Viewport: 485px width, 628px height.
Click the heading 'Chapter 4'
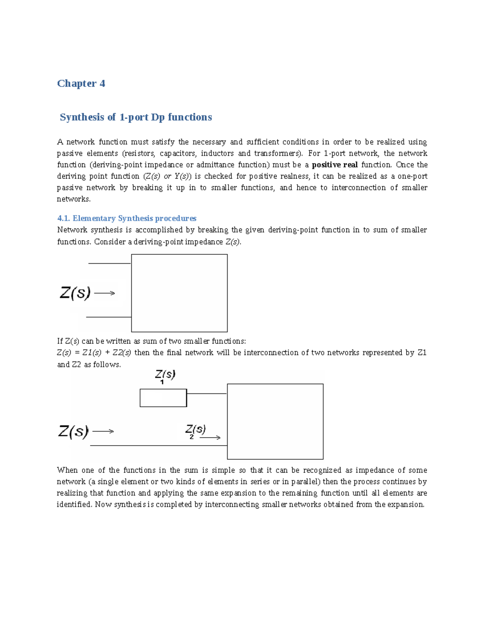click(x=81, y=83)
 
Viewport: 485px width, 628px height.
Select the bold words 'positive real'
click(x=335, y=165)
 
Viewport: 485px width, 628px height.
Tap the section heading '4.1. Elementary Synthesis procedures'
click(x=127, y=218)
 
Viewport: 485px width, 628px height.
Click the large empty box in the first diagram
click(x=179, y=293)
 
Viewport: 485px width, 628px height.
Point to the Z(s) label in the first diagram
click(x=75, y=292)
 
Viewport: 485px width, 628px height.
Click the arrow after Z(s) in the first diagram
click(x=105, y=293)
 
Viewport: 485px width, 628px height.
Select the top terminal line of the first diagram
click(x=109, y=263)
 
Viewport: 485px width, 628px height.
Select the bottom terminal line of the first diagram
click(x=108, y=317)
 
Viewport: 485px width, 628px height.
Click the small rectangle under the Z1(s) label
click(x=163, y=398)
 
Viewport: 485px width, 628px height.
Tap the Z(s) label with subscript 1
click(x=165, y=375)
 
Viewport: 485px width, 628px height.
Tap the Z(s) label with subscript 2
click(x=196, y=430)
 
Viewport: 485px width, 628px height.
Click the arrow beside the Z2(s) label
click(x=210, y=438)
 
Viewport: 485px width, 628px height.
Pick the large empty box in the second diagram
click(x=275, y=421)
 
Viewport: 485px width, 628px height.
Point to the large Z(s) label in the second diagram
click(x=73, y=431)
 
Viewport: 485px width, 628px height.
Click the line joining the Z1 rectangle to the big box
click(x=207, y=393)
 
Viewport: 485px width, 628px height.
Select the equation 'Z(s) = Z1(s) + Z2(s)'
click(x=94, y=353)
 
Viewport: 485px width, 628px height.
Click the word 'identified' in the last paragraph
click(x=74, y=504)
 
